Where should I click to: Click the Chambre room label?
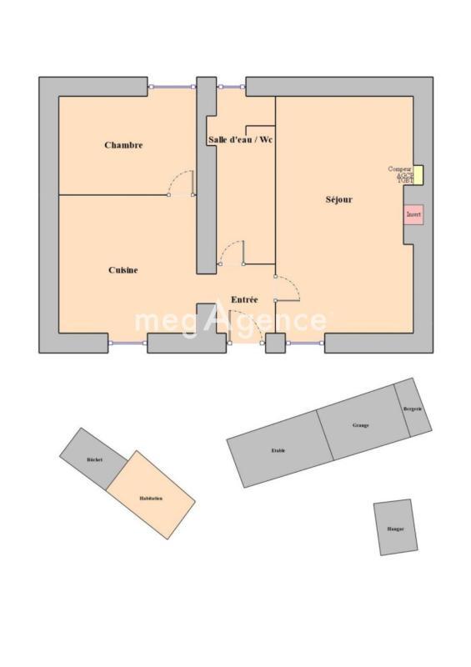pyautogui.click(x=123, y=145)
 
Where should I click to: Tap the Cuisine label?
pyautogui.click(x=123, y=270)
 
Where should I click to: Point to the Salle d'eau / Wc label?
pyautogui.click(x=240, y=139)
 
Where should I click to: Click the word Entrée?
pyautogui.click(x=244, y=299)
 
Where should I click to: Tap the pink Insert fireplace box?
pyautogui.click(x=413, y=214)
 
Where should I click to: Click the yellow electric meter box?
pyautogui.click(x=418, y=175)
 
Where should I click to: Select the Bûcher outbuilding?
pyautogui.click(x=93, y=459)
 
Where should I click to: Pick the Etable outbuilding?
pyautogui.click(x=278, y=449)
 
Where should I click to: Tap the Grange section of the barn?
pyautogui.click(x=361, y=424)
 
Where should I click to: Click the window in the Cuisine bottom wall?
pyautogui.click(x=128, y=343)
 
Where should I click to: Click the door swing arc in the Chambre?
pyautogui.click(x=179, y=182)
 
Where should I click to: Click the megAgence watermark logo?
pyautogui.click(x=231, y=319)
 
